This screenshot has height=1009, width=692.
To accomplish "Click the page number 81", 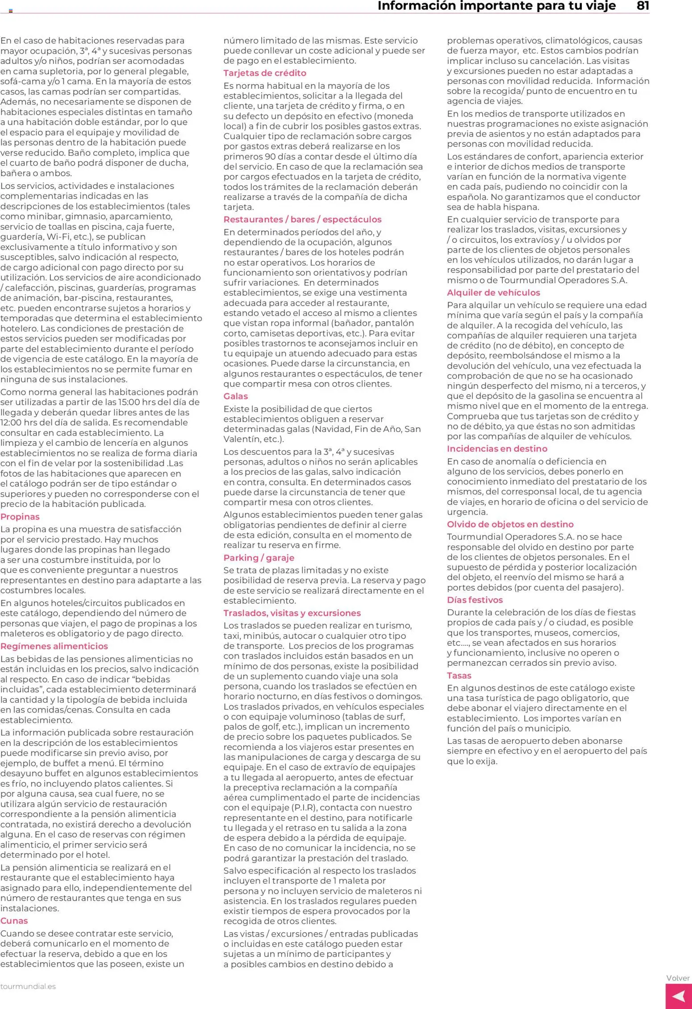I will (642, 6).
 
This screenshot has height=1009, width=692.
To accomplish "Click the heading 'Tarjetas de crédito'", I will (265, 73).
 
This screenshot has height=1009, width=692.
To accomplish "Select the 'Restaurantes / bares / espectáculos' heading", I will (302, 220).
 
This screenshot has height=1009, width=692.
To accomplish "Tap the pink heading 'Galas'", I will (235, 396).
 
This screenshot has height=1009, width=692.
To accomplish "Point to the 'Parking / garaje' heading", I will (258, 558).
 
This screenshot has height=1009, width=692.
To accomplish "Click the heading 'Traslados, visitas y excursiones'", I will (292, 613).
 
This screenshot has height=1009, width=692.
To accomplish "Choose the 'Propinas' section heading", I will (20, 517).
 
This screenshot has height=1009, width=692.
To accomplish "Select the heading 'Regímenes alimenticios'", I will (54, 646).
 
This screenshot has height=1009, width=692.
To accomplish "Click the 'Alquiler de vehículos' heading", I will (493, 293).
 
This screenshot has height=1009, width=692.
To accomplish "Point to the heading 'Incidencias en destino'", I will (497, 449).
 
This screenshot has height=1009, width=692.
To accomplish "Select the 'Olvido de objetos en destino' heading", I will (510, 524).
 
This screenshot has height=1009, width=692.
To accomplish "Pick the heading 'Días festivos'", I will (475, 600).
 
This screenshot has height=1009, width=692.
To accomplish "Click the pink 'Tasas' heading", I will (459, 676).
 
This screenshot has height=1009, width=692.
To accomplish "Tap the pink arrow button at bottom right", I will (679, 996).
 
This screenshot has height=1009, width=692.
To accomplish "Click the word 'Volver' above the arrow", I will (678, 978).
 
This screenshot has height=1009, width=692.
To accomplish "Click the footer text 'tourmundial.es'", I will (28, 986).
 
